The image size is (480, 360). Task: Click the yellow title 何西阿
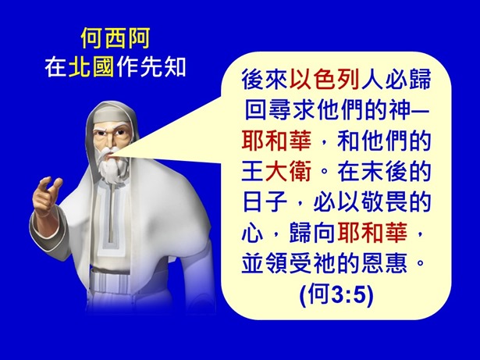point(114,37)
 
